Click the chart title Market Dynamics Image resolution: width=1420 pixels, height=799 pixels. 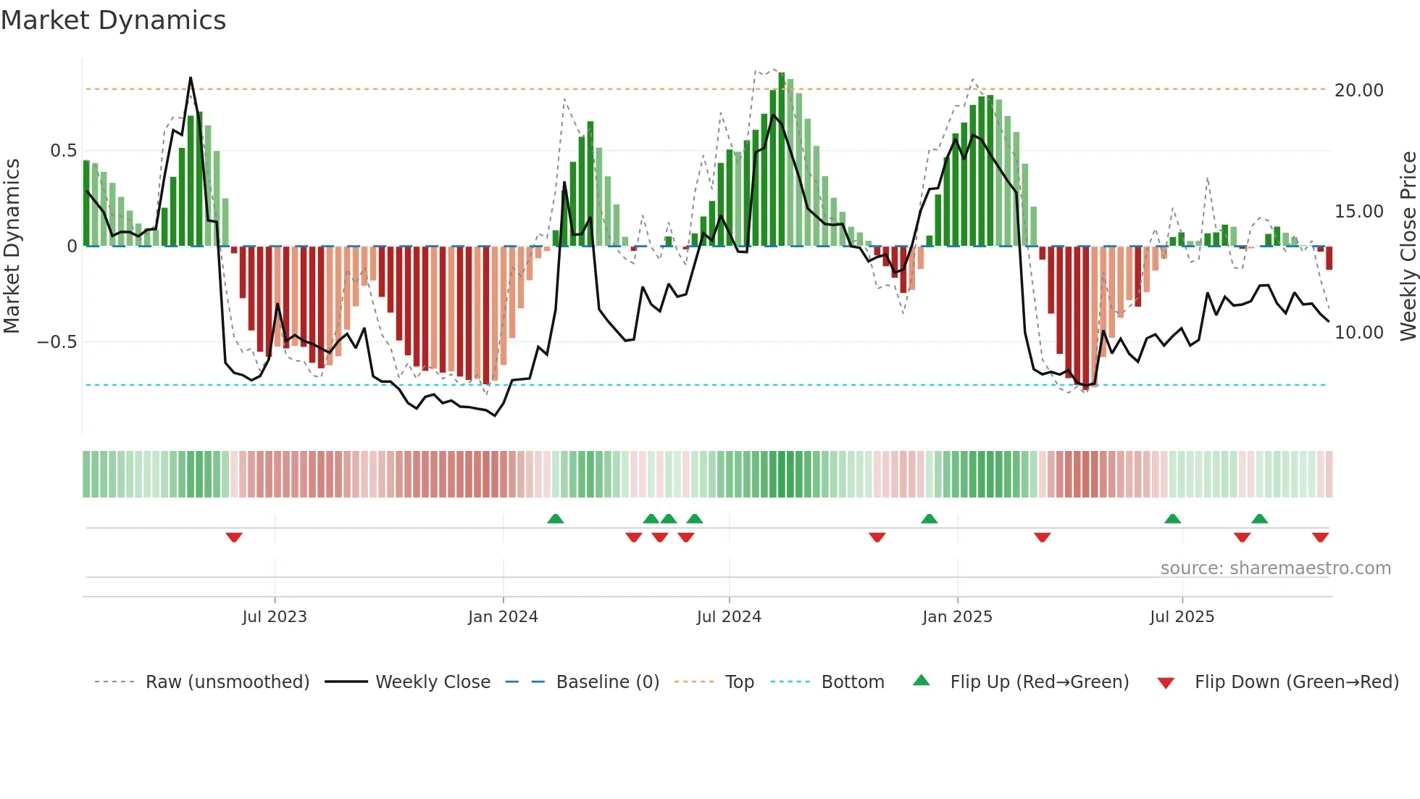click(114, 20)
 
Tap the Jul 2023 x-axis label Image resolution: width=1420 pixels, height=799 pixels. click(275, 617)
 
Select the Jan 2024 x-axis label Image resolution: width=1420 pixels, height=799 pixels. click(503, 617)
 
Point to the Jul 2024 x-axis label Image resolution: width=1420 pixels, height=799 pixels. click(729, 617)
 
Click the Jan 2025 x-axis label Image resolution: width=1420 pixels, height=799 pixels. click(957, 617)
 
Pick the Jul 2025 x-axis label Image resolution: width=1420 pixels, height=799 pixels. click(1182, 617)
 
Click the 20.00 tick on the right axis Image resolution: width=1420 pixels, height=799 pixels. click(1358, 91)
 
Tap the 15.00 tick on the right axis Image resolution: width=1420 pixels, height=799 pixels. click(1358, 212)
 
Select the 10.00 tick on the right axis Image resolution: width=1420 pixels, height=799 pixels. click(1358, 333)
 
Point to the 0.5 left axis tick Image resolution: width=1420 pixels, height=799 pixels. click(63, 151)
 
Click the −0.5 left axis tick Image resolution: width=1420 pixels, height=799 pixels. click(57, 342)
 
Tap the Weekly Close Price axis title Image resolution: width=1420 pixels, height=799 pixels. click(1408, 247)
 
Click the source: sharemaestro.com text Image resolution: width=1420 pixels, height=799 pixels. click(1275, 568)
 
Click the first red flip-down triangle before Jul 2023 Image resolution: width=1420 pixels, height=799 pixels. click(233, 537)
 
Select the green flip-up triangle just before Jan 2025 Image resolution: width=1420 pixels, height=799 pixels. click(929, 518)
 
